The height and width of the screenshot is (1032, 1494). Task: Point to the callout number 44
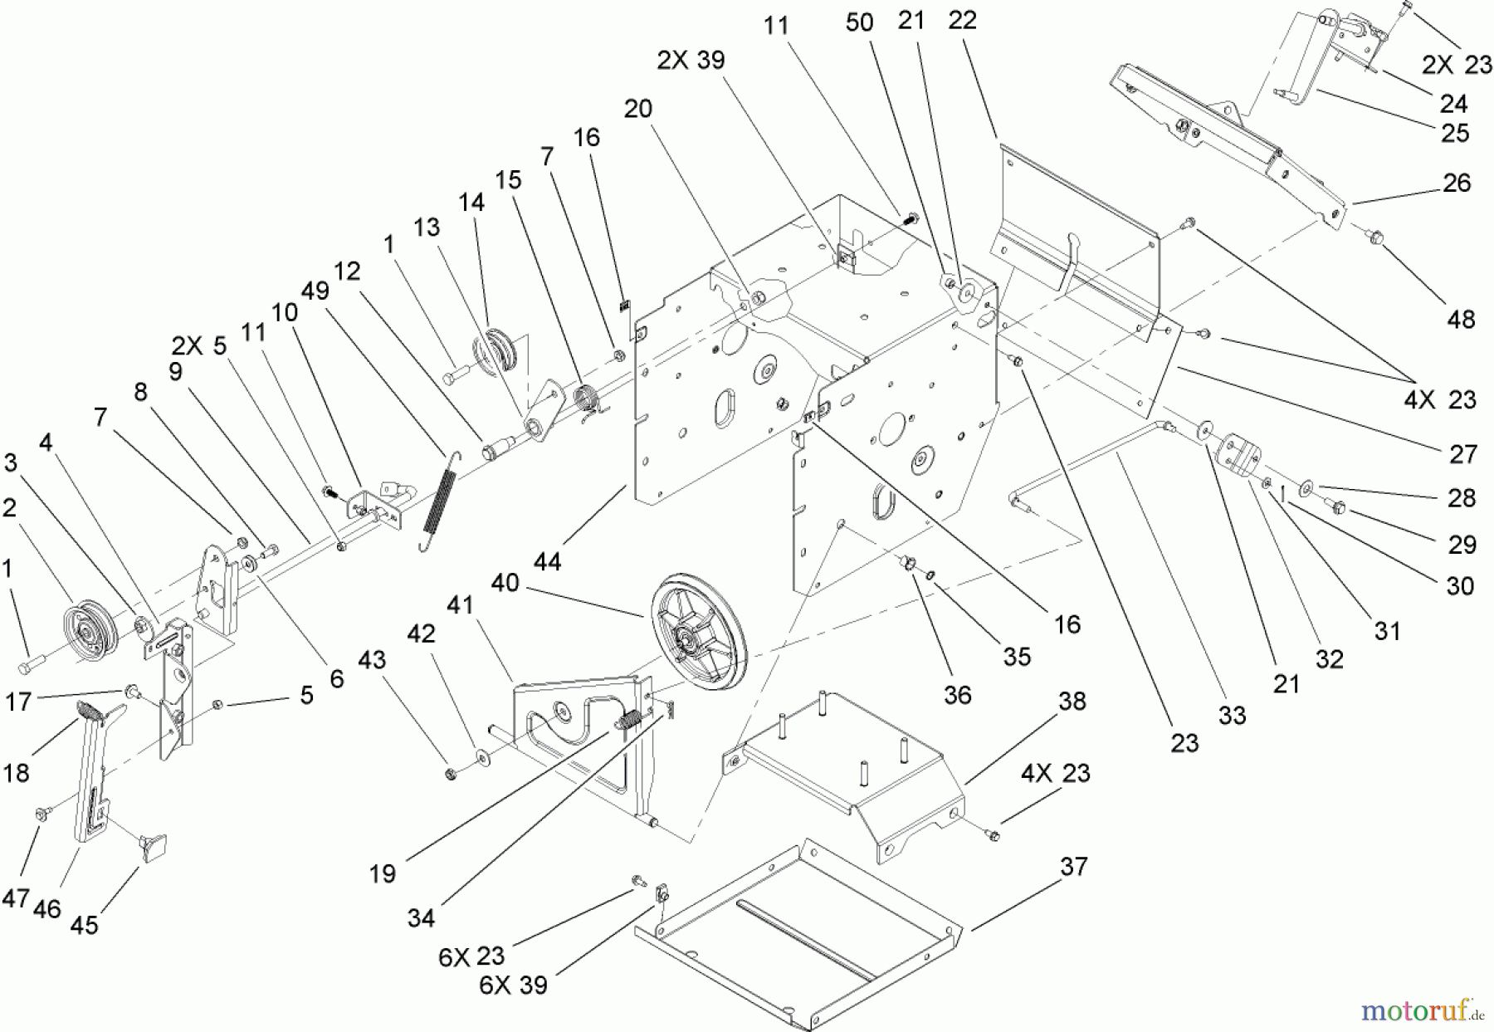point(548,561)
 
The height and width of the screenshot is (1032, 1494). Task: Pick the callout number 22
point(962,21)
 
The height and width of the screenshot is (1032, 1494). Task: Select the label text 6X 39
point(514,985)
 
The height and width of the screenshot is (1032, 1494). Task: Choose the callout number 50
point(860,22)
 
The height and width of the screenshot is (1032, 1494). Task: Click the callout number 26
point(1457,183)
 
